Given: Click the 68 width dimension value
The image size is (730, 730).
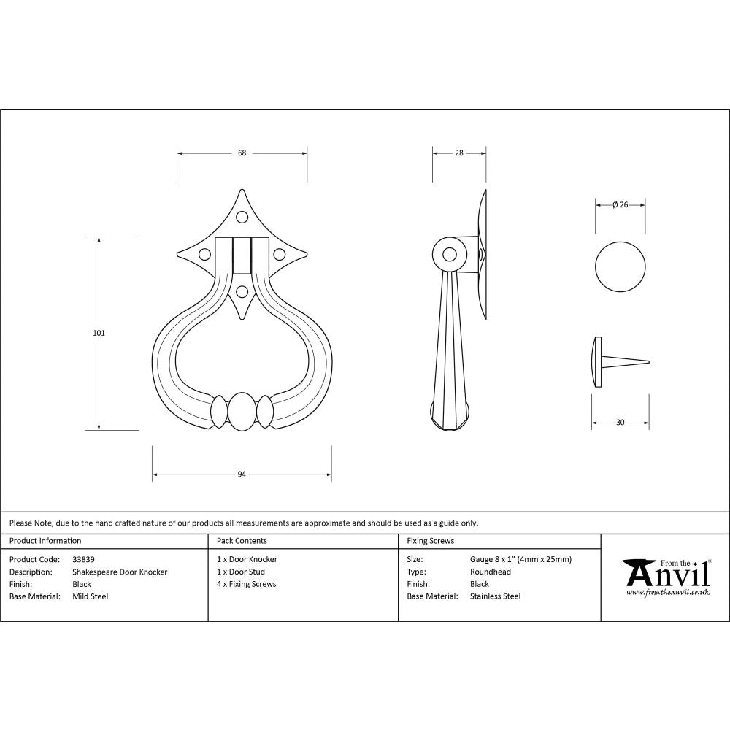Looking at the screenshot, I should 242,153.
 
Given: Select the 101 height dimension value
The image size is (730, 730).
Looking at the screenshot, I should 99,333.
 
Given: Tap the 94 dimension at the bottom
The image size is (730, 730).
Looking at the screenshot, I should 242,474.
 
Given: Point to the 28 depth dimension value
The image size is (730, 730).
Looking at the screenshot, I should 459,153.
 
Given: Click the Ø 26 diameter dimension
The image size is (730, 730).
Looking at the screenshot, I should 620,205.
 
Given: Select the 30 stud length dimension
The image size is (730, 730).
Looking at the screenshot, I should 620,422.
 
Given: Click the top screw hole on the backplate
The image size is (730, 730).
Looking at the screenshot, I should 242,216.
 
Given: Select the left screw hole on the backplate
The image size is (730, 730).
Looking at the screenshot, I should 205,255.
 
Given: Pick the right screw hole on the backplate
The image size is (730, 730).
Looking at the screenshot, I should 279,255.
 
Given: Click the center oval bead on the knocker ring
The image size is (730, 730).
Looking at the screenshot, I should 242,412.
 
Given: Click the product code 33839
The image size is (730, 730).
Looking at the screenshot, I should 84,560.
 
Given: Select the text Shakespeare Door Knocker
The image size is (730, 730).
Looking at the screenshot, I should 120,572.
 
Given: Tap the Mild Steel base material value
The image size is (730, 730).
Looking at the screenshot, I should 91,596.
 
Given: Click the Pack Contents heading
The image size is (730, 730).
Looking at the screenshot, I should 242,541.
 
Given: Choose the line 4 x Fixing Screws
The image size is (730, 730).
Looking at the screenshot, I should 247,584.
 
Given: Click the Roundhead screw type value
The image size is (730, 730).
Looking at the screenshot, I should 491,572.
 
